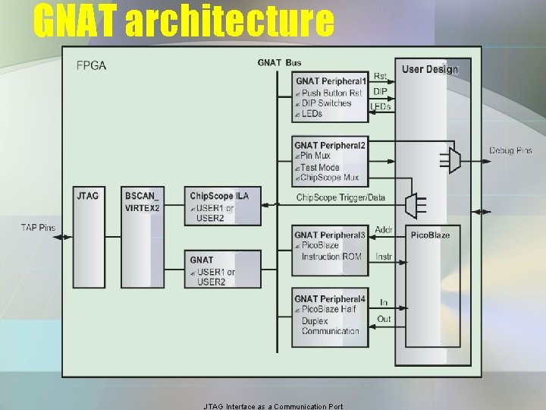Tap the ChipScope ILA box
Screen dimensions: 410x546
tap(224, 205)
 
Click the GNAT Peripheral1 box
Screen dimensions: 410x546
tap(331, 97)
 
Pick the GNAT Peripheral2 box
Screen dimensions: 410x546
tap(331, 161)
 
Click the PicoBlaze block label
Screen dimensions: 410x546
tap(430, 235)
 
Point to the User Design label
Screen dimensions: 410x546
tap(429, 70)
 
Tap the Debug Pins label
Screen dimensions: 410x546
tap(510, 151)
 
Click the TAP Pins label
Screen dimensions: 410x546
tap(38, 227)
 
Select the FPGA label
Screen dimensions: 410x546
tap(92, 65)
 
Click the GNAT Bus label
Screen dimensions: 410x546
tap(279, 62)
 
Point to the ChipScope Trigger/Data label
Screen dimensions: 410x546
tap(340, 198)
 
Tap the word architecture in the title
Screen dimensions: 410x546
tap(228, 21)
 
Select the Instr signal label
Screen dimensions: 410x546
tap(384, 257)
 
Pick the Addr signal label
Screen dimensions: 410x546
tap(384, 230)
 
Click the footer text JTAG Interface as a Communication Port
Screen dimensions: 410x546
tap(273, 406)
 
